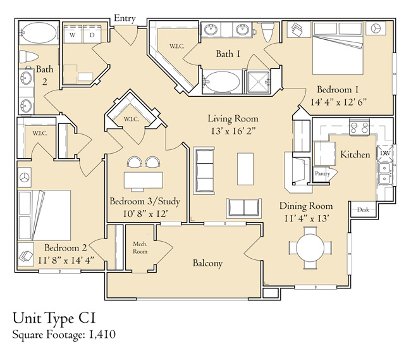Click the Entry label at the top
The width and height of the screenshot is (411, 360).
[125, 18]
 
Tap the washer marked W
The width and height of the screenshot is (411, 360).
[73, 34]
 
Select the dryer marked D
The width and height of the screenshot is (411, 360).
[92, 34]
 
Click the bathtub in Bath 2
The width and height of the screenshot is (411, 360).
[39, 33]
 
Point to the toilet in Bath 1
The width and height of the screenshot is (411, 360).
[268, 32]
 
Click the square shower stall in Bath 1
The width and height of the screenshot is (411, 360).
[259, 82]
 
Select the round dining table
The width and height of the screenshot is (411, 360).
[310, 248]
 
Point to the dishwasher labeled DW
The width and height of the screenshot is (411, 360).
[385, 153]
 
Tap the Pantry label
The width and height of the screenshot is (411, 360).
[322, 173]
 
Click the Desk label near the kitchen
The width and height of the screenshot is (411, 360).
[363, 209]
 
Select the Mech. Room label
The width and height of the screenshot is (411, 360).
[140, 248]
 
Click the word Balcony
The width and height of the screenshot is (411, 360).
[207, 263]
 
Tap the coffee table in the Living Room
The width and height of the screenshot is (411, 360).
[245, 169]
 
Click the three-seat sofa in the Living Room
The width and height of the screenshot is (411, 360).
[204, 171]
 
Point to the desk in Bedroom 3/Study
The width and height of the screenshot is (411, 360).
[144, 180]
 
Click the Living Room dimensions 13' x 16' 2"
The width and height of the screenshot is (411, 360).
[233, 131]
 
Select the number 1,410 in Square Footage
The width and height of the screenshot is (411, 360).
[102, 335]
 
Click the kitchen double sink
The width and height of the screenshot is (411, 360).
[385, 173]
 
